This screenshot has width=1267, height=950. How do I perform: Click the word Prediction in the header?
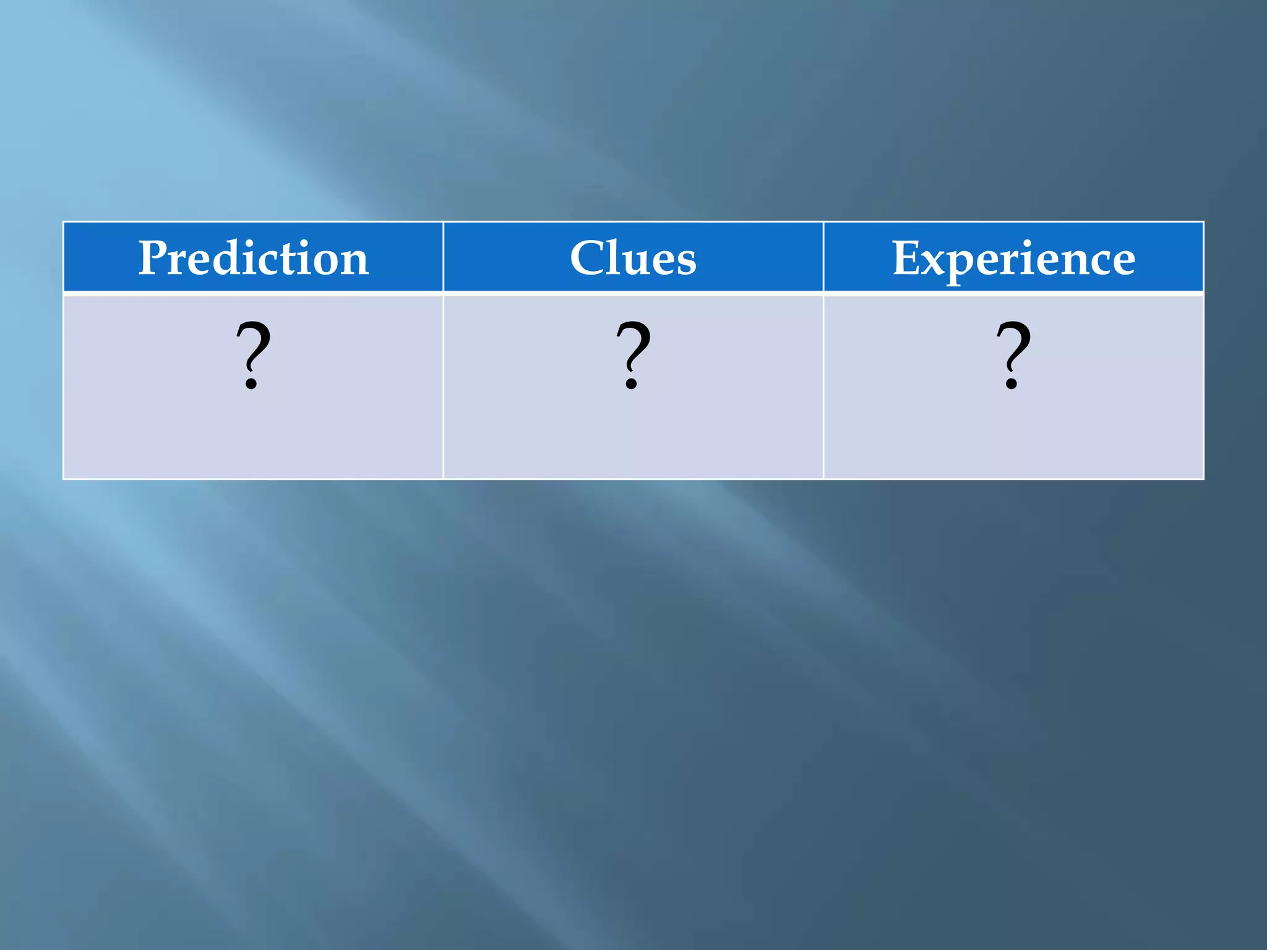coord(253,258)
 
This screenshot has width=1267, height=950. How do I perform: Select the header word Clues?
coord(633,258)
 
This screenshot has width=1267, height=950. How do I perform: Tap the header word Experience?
coord(1013,258)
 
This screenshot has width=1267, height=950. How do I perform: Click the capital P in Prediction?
coord(153,258)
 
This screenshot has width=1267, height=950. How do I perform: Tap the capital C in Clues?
coord(588,258)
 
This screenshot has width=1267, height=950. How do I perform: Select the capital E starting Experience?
coord(907,258)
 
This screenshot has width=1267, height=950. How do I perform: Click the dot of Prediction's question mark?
coord(251,383)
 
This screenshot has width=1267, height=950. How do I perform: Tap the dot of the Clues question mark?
coord(631,383)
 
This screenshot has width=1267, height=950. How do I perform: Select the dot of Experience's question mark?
coord(1011,383)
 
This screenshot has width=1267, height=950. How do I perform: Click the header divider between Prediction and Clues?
coord(443,257)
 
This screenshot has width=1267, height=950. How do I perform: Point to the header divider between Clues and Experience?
coord(823,257)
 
